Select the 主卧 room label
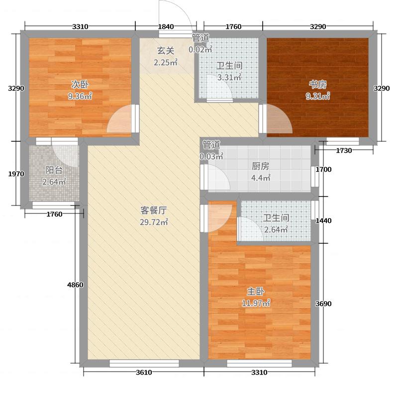255,292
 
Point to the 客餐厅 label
154,210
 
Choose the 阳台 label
54,170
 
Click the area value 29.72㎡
154,222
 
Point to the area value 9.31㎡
317,97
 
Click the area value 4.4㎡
259,179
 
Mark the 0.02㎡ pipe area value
200,49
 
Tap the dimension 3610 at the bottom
144,373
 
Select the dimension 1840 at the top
166,27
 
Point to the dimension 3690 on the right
324,303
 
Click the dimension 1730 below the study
344,151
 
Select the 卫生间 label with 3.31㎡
229,65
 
